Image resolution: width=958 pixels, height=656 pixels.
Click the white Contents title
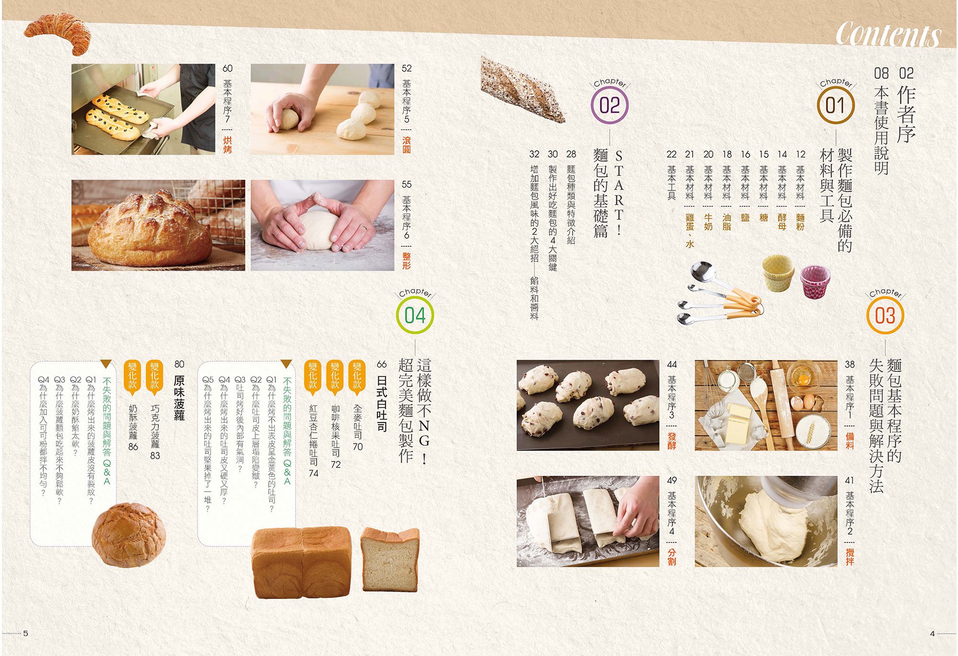coord(889,35)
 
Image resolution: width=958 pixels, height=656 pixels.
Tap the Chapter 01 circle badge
coord(835,106)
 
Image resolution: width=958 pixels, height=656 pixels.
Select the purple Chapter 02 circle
coord(610,106)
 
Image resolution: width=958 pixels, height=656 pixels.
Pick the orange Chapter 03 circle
coord(885,316)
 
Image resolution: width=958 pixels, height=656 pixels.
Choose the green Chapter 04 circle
coord(415,316)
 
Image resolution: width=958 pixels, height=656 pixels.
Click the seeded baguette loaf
coord(523,89)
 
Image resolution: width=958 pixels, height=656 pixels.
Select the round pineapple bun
coord(128,535)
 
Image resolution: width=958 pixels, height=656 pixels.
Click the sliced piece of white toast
coord(390,559)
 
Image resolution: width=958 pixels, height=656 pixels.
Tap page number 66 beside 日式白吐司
coord(382,364)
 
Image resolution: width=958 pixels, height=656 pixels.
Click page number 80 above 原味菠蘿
coord(179,364)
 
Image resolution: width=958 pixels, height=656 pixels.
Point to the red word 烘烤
coord(228,145)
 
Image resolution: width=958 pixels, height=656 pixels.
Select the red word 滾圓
coord(407,145)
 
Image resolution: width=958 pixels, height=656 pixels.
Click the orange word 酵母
coord(782,222)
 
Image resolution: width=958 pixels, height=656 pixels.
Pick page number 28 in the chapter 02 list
coord(571,154)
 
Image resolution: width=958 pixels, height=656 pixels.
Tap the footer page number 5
coord(26,633)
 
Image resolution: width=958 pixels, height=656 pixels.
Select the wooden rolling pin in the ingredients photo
coord(783,405)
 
